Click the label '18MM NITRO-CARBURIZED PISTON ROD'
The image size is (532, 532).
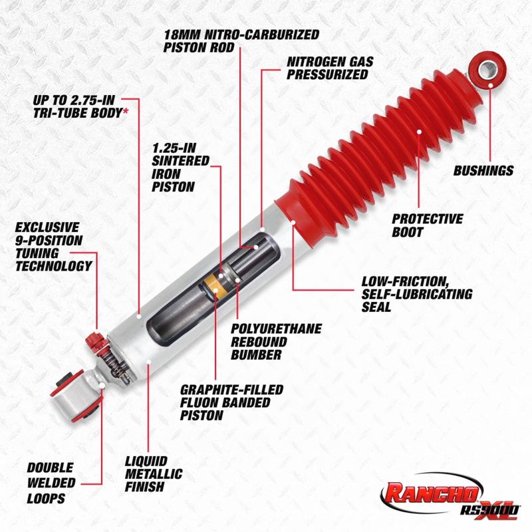[x=241, y=41]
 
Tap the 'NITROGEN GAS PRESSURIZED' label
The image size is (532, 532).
[x=329, y=68]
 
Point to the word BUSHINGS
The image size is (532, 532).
[x=483, y=171]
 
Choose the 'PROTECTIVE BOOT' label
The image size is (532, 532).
[x=427, y=225]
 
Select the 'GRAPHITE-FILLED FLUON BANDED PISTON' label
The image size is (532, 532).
[x=231, y=402]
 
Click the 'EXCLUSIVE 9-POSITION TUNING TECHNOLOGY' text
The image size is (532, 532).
[x=53, y=247]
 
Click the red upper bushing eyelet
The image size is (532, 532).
[x=487, y=68]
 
